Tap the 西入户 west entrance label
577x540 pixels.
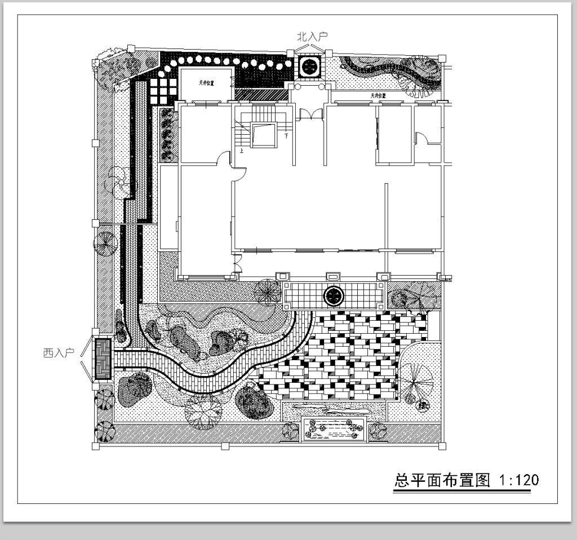point(59,353)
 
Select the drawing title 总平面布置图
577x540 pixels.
point(441,480)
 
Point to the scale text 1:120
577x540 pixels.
point(520,480)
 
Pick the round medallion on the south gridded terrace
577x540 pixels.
point(334,295)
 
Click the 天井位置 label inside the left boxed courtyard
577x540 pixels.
point(206,83)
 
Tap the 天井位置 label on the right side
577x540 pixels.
point(378,96)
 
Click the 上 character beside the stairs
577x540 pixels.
point(242,151)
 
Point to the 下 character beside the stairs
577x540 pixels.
point(286,136)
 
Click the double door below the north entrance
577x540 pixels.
point(309,114)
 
